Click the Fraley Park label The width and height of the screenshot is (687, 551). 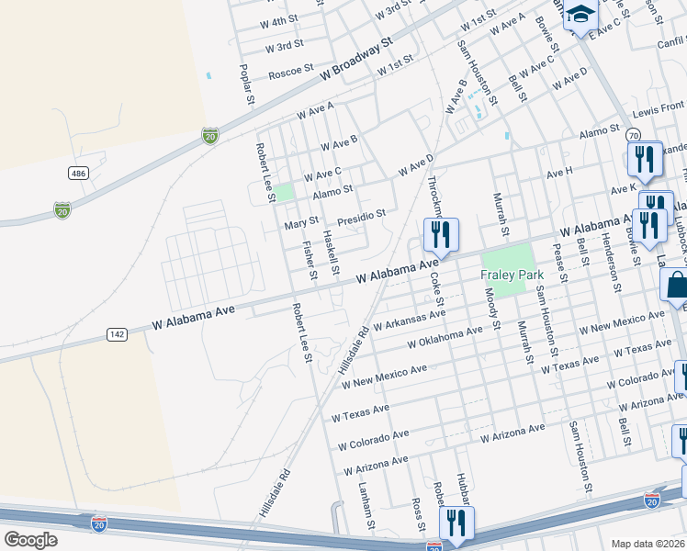pyautogui.click(x=512, y=275)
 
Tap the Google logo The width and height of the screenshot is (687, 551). pyautogui.click(x=30, y=540)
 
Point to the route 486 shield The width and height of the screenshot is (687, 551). pyautogui.click(x=78, y=173)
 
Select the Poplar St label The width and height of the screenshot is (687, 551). pyautogui.click(x=245, y=84)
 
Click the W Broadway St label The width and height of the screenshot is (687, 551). pyautogui.click(x=356, y=62)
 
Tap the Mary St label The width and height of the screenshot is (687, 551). pyautogui.click(x=301, y=222)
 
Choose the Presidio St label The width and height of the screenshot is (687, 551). pyautogui.click(x=361, y=217)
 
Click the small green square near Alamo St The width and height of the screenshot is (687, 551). pyautogui.click(x=285, y=192)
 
